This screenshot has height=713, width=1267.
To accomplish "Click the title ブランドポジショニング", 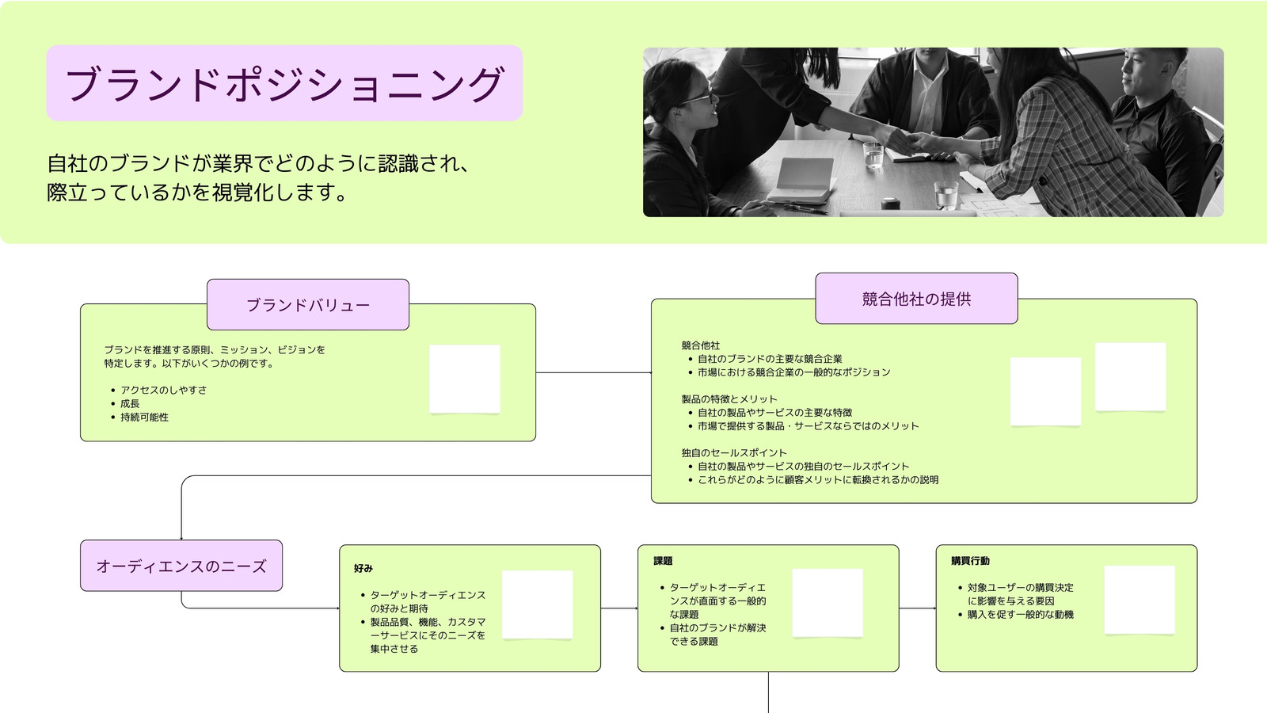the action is [284, 84].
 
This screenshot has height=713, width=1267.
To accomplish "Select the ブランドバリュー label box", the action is [308, 304].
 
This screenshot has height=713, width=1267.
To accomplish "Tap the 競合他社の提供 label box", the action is [916, 299].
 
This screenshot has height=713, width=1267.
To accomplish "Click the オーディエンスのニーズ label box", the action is [181, 566].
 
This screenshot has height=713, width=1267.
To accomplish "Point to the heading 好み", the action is [363, 568].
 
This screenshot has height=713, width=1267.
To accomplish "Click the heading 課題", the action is [663, 561].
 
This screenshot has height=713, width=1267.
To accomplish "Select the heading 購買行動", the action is [970, 561].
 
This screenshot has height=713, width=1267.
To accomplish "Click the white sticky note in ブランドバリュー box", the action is [464, 379].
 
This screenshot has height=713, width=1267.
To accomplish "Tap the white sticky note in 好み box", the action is [538, 605].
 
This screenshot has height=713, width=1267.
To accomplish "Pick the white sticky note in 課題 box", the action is [828, 603].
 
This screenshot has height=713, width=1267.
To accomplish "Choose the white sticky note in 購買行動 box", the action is [1140, 600].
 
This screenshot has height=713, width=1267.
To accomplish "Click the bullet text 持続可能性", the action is [144, 417].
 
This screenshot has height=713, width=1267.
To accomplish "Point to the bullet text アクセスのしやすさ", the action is [163, 390].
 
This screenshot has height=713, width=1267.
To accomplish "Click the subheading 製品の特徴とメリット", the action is [729, 399].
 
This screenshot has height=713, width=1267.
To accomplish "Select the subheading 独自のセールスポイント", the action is [734, 452].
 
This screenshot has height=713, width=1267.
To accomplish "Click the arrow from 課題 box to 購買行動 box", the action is [918, 608].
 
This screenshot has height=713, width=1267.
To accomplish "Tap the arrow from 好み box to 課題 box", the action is [619, 608].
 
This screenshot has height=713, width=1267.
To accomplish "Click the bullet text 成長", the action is [130, 403].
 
